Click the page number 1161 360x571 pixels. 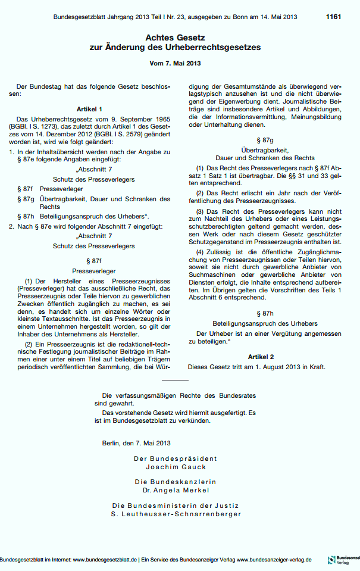point(333,17)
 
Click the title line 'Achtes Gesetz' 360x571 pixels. point(180,37)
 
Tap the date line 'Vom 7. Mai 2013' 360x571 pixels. point(180,63)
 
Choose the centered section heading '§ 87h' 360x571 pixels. point(264,313)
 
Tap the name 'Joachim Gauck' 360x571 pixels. point(179,467)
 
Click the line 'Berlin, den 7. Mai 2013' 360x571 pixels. point(136,443)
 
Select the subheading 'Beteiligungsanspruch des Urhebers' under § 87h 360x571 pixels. point(264,323)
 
